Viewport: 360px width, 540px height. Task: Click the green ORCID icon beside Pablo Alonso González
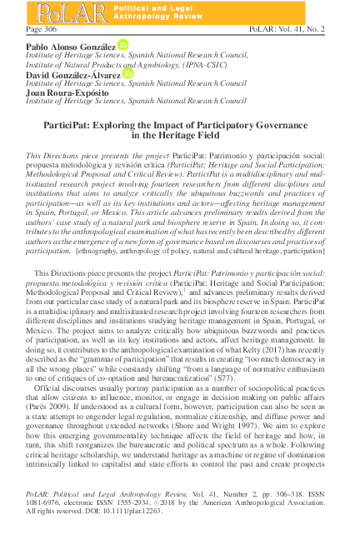123,43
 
